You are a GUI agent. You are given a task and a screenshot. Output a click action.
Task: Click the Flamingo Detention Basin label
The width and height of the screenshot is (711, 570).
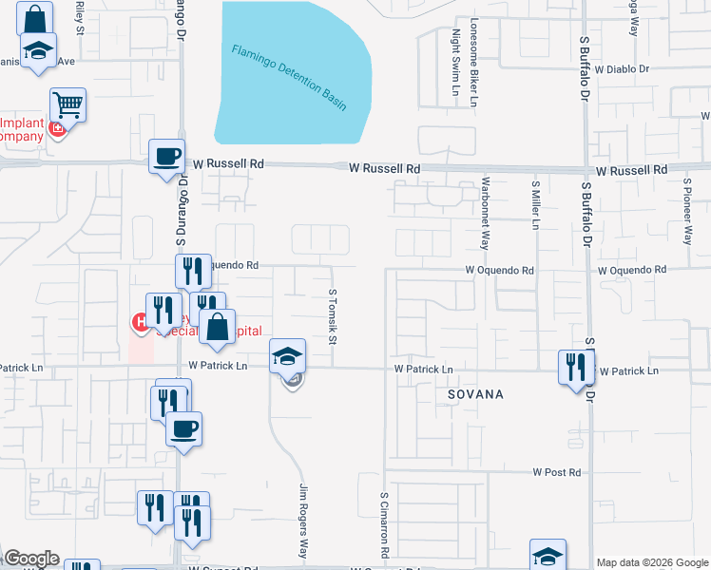[289, 75]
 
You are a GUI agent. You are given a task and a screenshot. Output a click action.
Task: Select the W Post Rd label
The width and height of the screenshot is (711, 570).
[556, 472]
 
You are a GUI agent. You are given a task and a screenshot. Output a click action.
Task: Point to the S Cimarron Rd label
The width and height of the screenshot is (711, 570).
[385, 524]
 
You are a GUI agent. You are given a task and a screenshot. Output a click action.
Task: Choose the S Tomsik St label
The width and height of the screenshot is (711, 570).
[333, 317]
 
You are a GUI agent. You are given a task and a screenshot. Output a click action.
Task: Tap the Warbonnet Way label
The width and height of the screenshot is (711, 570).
[485, 212]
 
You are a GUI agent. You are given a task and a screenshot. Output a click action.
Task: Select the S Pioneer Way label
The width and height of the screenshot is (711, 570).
[686, 210]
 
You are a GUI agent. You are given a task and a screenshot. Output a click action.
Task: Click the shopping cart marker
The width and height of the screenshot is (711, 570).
[68, 104]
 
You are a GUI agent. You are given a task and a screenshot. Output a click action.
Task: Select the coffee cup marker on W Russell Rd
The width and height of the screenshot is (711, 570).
[167, 157]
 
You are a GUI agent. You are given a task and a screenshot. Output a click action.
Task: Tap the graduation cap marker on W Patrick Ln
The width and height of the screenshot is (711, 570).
[288, 356]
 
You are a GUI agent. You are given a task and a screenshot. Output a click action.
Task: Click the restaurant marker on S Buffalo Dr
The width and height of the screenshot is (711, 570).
[576, 367]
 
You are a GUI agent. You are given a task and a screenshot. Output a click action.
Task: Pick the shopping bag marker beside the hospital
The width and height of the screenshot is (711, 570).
[217, 327]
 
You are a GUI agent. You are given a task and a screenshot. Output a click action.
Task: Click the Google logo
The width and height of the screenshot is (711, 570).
[31, 559]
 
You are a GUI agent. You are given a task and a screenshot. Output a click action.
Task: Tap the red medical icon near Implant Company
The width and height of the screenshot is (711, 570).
[57, 128]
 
